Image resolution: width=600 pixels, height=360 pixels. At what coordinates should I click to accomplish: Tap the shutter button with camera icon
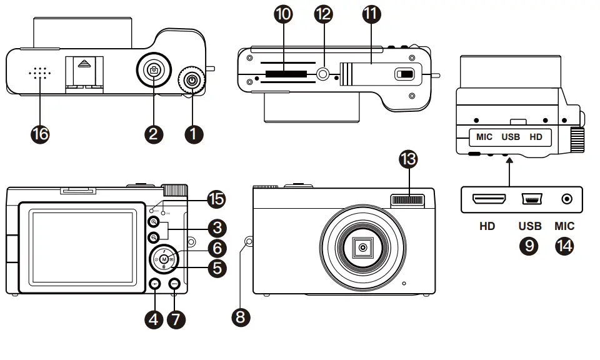point(154,70)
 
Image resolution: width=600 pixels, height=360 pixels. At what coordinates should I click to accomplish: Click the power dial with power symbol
point(192,81)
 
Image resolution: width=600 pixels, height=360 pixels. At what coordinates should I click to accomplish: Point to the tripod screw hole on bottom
point(323,74)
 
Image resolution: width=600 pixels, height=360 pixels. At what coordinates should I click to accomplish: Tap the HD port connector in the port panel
point(489,199)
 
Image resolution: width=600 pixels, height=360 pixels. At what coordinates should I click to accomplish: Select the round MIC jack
point(567,199)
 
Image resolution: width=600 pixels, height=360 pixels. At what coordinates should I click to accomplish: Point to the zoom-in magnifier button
point(153,222)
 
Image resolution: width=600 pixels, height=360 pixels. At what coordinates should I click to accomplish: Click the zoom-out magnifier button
point(153,238)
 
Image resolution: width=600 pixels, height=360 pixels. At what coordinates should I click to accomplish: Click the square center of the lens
point(362,248)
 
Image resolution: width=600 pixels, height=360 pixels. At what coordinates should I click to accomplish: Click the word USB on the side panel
point(511,136)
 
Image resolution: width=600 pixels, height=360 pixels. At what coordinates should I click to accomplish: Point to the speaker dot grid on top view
point(39,73)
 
